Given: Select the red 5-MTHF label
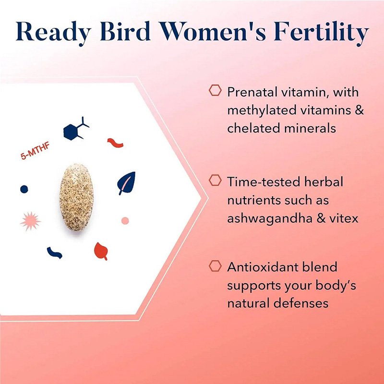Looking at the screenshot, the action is coord(35,151).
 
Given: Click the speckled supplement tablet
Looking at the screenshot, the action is coord(76,197).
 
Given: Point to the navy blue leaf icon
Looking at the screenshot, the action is coord(126,183).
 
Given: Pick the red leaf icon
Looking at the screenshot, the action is coord(101,251).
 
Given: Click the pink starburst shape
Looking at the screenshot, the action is coord(30,221).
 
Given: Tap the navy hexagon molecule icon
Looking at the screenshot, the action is coord(76,129).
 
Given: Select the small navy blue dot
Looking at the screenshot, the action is coord(24,189).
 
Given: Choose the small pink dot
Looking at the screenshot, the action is coord(125,221).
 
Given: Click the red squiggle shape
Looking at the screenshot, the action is coord(115,143).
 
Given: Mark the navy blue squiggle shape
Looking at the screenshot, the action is coord(54,253).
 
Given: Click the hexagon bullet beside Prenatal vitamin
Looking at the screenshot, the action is coord(215,90).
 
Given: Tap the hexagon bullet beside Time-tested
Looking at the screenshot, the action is coord(215,180).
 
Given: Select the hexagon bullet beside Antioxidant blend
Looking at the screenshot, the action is coord(215,266).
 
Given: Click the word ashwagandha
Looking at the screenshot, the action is coord(270,218).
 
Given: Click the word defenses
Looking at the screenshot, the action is coord(301,303).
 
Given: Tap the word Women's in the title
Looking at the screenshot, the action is coord(212,31).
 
